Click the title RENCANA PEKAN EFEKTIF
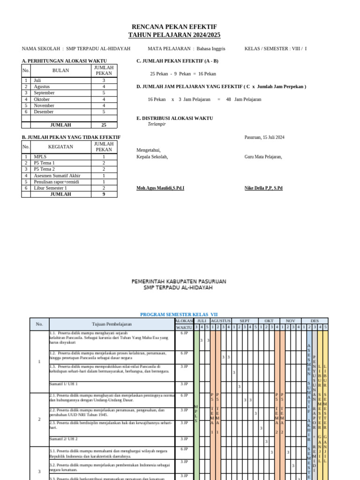[x=174, y=27]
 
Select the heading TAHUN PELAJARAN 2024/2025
[x=174, y=35]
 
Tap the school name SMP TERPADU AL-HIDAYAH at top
[x=98, y=48]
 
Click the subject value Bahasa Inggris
[x=211, y=48]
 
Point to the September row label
[x=44, y=93]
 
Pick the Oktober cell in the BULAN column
[x=42, y=99]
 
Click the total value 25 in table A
[x=104, y=125]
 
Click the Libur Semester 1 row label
[x=50, y=188]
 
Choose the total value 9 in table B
[x=104, y=194]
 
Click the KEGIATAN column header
[x=60, y=147]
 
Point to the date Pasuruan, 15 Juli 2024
[x=264, y=137]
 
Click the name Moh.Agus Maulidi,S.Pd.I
[x=160, y=188]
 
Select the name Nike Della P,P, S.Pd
[x=263, y=188]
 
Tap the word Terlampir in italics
[x=157, y=124]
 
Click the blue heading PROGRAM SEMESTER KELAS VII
[x=179, y=315]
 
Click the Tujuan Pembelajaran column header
[x=112, y=324]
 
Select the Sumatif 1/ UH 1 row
[x=63, y=384]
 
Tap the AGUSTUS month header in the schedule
[x=220, y=321]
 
